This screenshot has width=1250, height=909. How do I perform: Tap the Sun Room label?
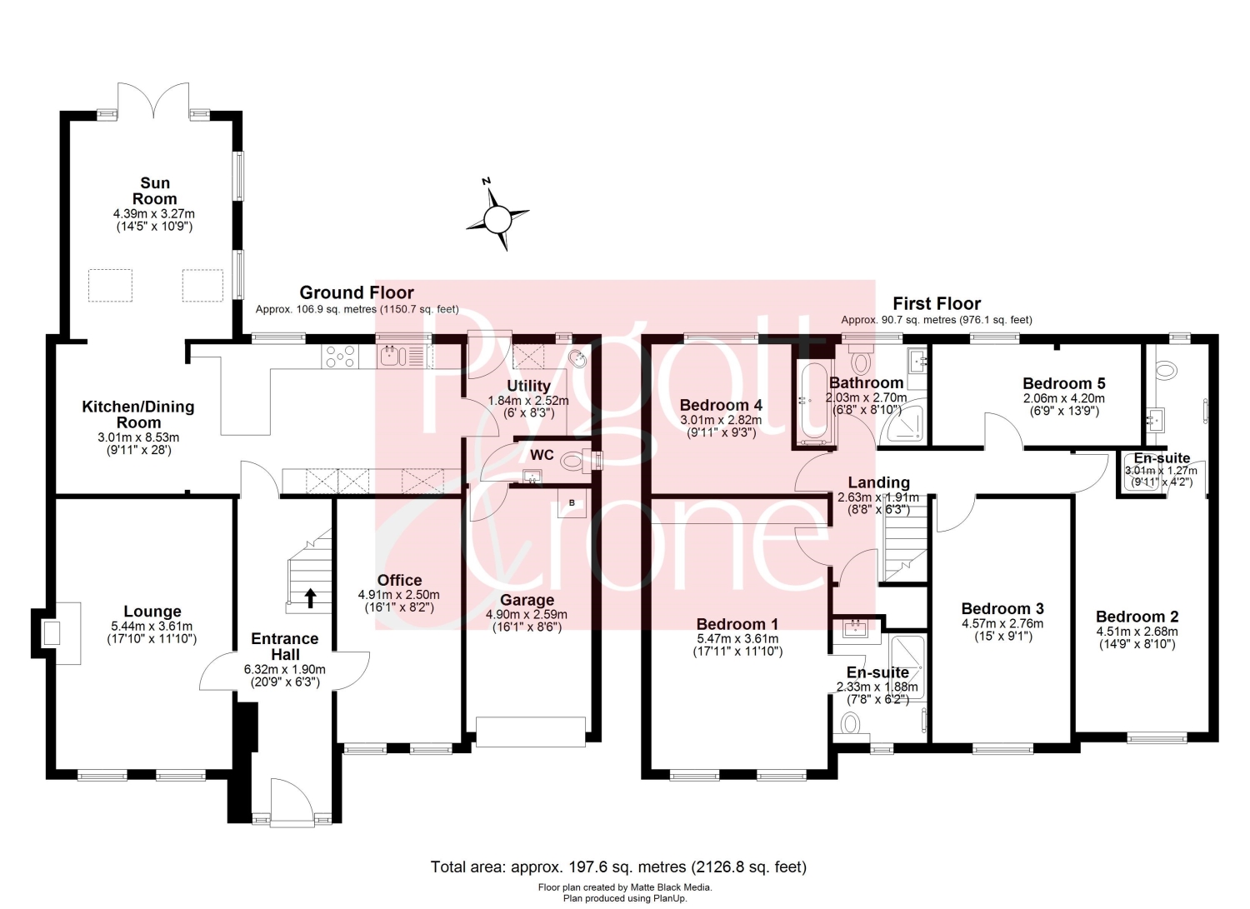point(154,191)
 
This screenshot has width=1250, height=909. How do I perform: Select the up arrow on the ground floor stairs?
point(310,597)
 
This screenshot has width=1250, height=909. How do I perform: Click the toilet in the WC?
point(575,461)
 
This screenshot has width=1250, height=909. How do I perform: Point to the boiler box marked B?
point(572,502)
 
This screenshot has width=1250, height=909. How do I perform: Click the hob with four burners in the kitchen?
point(340,357)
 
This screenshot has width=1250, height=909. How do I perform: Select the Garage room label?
point(527,601)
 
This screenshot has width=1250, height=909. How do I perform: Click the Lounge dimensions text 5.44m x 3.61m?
point(152,626)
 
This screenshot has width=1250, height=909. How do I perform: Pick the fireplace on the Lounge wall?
point(56,633)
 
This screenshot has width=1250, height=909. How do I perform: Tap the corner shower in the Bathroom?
point(902,425)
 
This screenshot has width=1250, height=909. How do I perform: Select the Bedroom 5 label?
point(1063,384)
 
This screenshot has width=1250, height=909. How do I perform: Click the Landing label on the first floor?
point(879,482)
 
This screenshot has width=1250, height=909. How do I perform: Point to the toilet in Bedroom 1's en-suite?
point(851,724)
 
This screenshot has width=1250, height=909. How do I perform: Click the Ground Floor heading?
point(357,292)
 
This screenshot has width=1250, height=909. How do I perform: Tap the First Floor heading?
point(937,303)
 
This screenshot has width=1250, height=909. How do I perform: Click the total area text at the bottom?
point(619,867)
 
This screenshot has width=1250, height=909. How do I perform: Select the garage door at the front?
point(531,732)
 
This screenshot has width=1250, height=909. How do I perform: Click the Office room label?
point(399,581)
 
